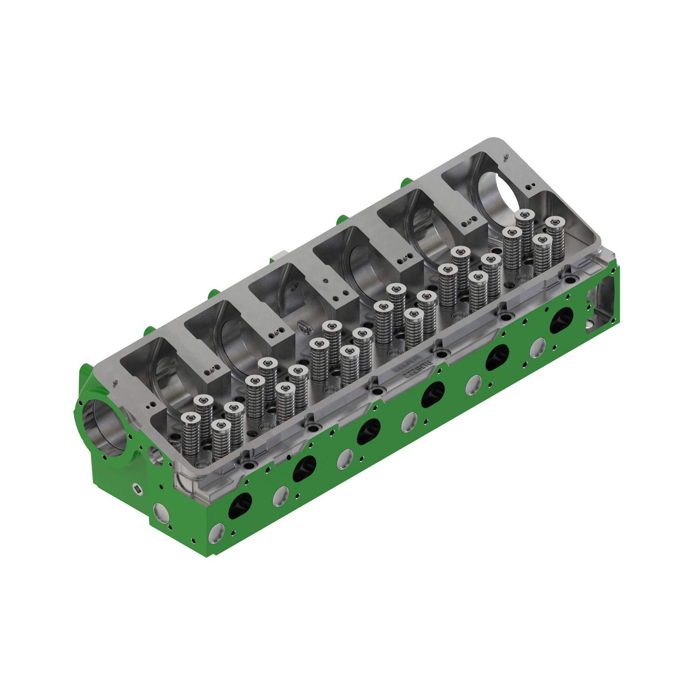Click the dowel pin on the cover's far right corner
506,156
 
